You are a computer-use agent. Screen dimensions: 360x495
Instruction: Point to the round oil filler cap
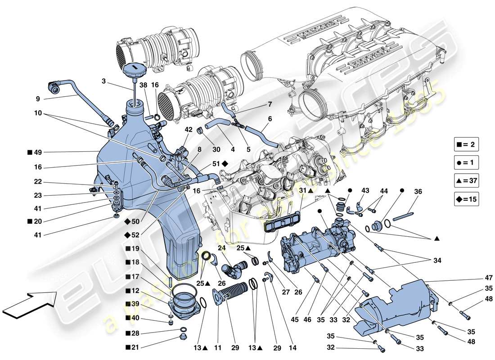134,71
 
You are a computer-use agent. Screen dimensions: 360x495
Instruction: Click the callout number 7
270,104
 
